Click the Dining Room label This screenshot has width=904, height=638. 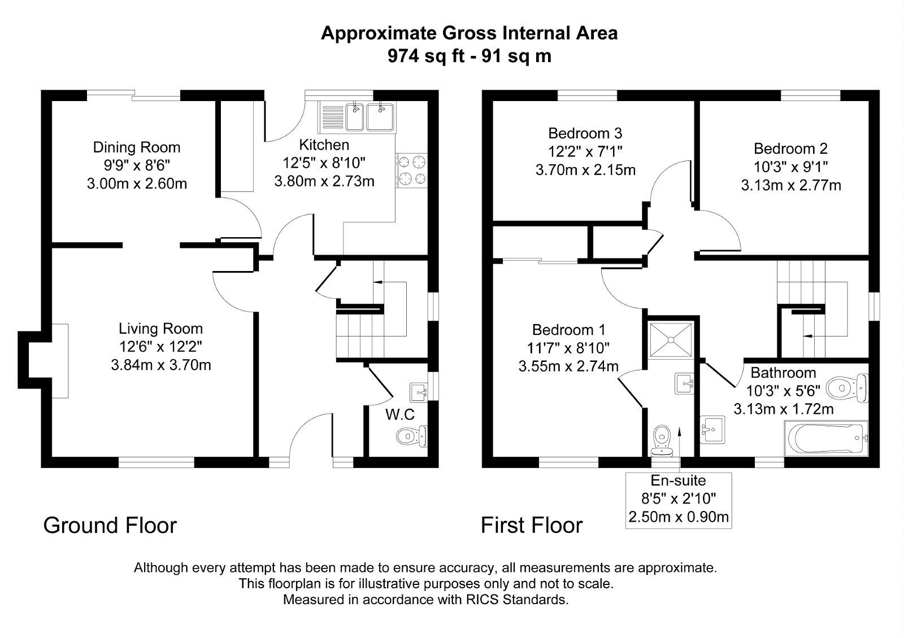click(x=137, y=148)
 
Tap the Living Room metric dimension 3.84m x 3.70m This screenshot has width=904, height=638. click(x=161, y=365)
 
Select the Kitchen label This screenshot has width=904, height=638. click(x=324, y=145)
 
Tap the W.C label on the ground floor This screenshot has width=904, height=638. click(x=400, y=415)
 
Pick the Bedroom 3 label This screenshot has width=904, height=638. click(x=585, y=134)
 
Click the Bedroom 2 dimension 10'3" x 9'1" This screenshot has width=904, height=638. click(x=790, y=167)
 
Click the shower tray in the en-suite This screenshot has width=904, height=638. click(x=671, y=339)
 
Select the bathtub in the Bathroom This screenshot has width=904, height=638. click(x=825, y=438)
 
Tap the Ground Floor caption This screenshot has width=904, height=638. click(x=110, y=526)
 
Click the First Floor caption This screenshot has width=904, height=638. click(x=531, y=526)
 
